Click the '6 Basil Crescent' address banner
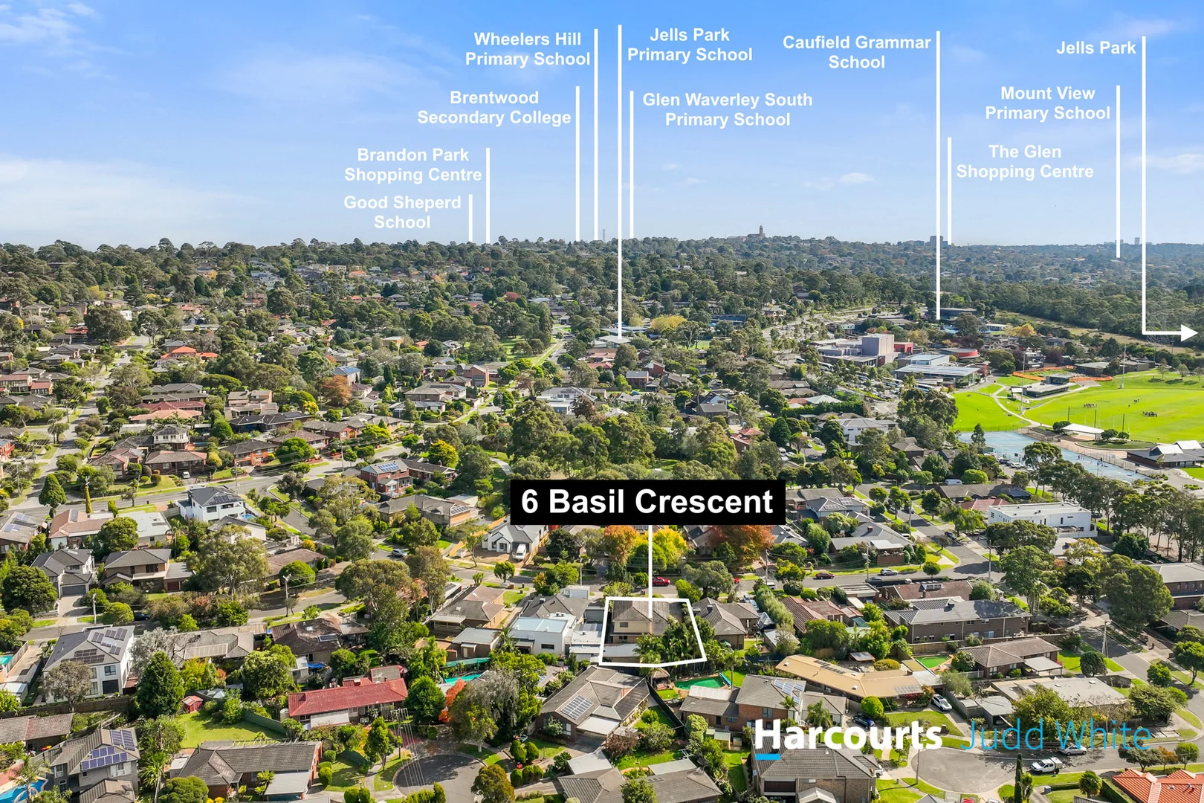(647, 502)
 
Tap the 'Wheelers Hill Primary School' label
(527, 49)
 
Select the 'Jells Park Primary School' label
(690, 45)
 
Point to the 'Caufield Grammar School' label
(856, 52)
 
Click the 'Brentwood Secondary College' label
(494, 108)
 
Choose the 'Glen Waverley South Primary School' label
(728, 109)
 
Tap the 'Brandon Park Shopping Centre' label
(412, 164)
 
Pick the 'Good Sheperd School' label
(402, 212)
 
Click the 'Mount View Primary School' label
(1047, 103)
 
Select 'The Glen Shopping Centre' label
(1024, 161)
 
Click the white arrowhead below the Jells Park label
(1188, 333)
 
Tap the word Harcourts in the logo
(848, 735)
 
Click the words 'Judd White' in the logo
(1055, 735)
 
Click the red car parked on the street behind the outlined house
(661, 581)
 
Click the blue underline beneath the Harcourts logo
(767, 756)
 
